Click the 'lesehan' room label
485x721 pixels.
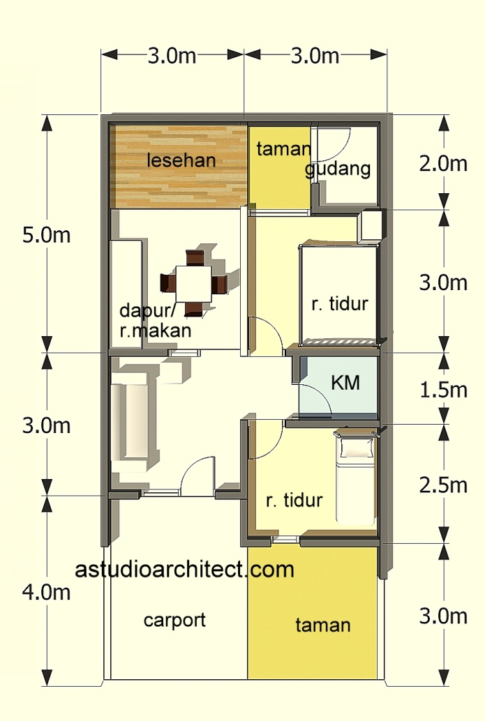(x=181, y=160)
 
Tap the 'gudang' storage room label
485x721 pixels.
(x=338, y=169)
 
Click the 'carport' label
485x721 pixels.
(x=174, y=620)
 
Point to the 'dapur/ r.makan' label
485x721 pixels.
(x=155, y=321)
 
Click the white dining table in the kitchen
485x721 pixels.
(x=193, y=282)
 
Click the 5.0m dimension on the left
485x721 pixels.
(x=46, y=235)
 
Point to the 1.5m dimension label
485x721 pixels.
(x=443, y=389)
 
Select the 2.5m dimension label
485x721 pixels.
(x=443, y=483)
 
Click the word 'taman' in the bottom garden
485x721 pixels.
(x=322, y=625)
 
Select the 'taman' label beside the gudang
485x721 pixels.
(x=283, y=149)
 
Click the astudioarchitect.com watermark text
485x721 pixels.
(x=185, y=570)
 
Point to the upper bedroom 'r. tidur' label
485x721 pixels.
(x=339, y=304)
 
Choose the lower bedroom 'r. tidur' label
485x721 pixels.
(x=294, y=500)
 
